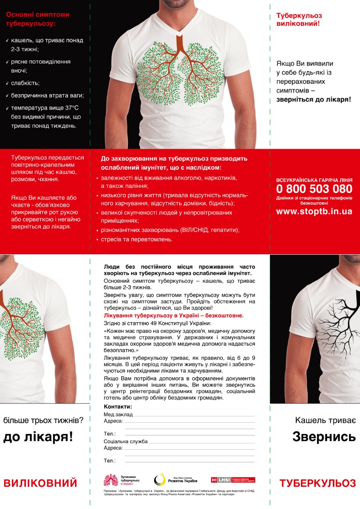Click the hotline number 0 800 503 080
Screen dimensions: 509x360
click(314, 189)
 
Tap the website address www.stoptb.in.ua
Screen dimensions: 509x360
click(314, 212)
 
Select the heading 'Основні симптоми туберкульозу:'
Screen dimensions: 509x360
click(38, 19)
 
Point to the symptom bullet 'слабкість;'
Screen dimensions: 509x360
click(25, 83)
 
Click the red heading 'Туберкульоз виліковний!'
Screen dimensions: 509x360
click(299, 19)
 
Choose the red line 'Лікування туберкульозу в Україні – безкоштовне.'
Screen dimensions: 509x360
click(174, 316)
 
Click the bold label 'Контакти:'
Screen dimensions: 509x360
click(118, 407)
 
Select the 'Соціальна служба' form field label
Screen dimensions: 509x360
click(126, 441)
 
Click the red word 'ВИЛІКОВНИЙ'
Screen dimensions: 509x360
click(40, 483)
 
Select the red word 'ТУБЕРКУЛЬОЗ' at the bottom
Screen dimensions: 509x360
click(318, 484)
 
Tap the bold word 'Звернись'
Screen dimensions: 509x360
click(324, 437)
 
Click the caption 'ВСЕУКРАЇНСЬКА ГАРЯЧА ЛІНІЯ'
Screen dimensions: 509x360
click(314, 180)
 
